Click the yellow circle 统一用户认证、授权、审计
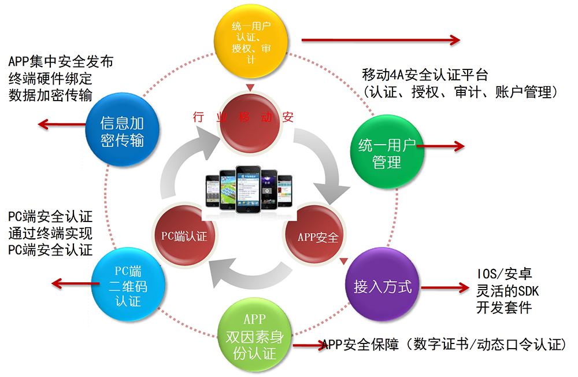tap(251, 40)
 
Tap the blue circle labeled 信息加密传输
tap(123, 130)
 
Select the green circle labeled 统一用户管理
tap(387, 151)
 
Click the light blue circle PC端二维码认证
tap(128, 284)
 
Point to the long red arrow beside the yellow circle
tap(381, 40)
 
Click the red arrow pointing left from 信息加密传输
tap(62, 124)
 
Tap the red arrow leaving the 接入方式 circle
tap(445, 287)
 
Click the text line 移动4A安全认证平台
tap(425, 75)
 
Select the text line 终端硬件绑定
tap(50, 79)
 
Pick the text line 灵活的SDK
tap(507, 291)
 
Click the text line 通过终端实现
tap(50, 233)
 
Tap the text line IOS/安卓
tap(504, 273)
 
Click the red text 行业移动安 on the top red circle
tap(243, 117)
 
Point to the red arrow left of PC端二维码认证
tap(76, 283)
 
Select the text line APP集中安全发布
tap(61, 62)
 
